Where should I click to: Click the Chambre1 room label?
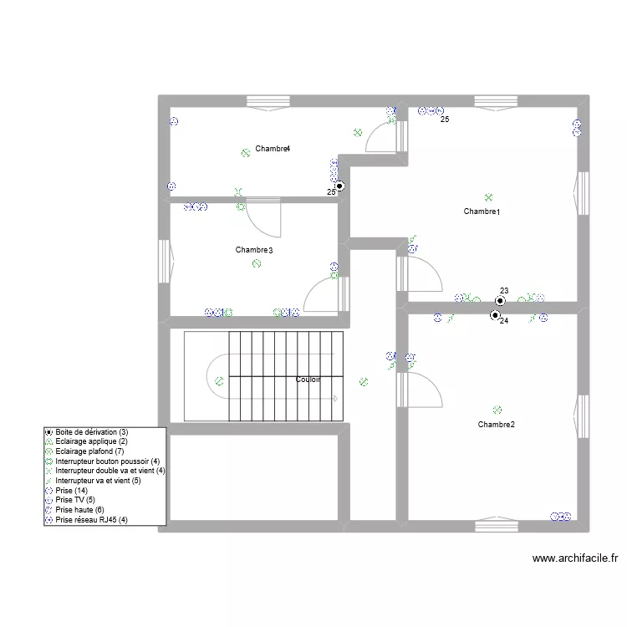(482, 212)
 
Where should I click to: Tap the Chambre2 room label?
(497, 424)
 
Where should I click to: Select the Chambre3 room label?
(254, 250)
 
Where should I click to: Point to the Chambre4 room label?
(273, 149)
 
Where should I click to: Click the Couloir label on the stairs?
(308, 379)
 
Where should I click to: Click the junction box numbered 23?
(500, 301)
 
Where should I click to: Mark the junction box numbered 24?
(495, 315)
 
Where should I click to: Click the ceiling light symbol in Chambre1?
(488, 197)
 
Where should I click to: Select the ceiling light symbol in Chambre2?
(497, 410)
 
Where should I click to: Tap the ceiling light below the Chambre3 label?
(257, 263)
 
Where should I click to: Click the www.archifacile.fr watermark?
(575, 558)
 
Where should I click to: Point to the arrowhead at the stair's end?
(335, 399)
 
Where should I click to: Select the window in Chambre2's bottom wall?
(497, 524)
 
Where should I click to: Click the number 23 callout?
(504, 291)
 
